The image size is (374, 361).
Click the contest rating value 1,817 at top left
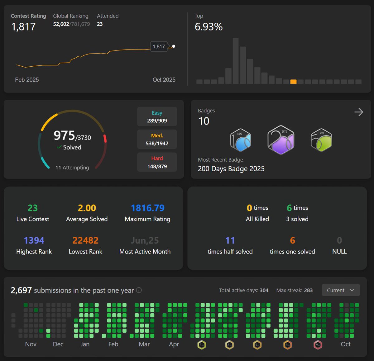[x=23, y=27]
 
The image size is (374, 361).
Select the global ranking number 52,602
[x=61, y=24]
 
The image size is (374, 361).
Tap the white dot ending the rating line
[x=174, y=46]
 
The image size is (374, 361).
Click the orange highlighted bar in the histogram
[x=293, y=82]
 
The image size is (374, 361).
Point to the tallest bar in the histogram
[x=236, y=61]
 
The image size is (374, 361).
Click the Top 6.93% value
[x=209, y=27]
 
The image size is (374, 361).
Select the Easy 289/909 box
[x=157, y=116]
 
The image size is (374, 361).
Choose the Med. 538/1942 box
[x=157, y=139]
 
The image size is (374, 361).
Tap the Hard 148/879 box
[x=157, y=162]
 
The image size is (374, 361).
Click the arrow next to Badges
[x=359, y=112]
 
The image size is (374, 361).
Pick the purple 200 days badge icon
[x=281, y=140]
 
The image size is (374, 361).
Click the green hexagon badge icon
[x=321, y=140]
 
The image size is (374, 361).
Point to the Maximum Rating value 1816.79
[x=147, y=208]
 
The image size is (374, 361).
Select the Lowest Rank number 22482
[x=85, y=240]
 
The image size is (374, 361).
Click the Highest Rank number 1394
[x=34, y=240]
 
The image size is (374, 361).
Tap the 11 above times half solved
[x=230, y=240]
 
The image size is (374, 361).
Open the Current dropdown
[x=341, y=290]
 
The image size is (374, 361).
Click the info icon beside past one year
[x=139, y=290]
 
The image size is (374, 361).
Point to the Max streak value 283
[x=308, y=290]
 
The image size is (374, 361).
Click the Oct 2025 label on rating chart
[x=164, y=80]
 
